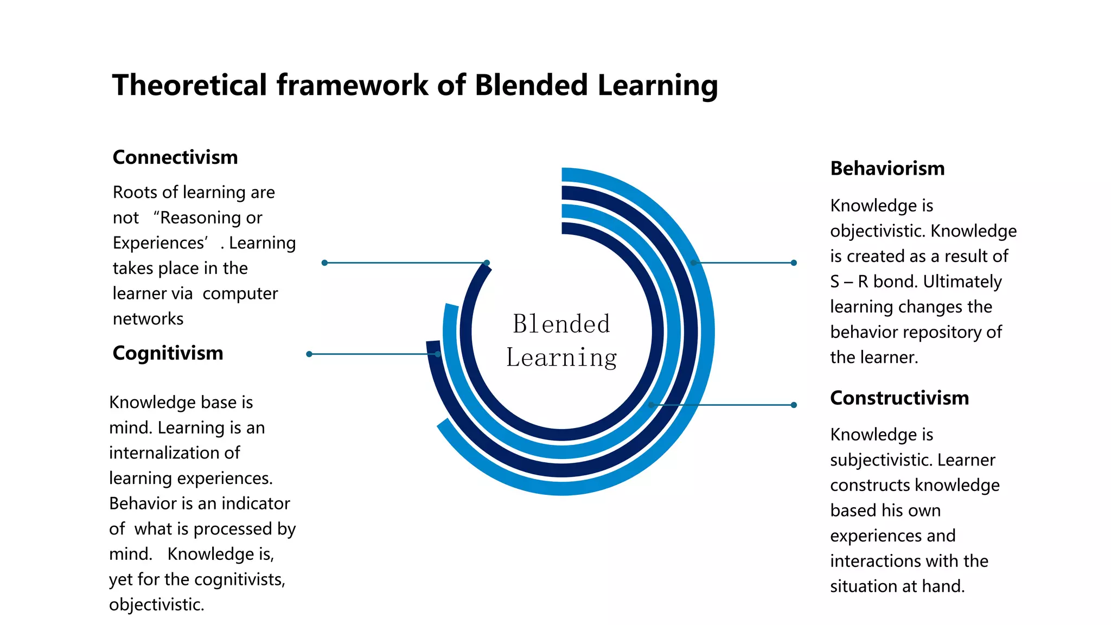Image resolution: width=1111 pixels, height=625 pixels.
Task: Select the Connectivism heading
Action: tap(175, 157)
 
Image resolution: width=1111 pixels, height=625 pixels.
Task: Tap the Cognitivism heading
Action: tap(168, 353)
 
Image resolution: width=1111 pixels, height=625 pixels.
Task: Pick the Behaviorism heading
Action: tap(887, 169)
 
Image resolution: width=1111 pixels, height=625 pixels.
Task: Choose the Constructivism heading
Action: tap(899, 398)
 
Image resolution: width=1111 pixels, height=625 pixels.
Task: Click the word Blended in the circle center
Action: tap(561, 324)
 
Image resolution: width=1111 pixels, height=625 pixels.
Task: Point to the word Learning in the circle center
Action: tap(561, 358)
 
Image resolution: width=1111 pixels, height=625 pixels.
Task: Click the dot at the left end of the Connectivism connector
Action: tap(324, 263)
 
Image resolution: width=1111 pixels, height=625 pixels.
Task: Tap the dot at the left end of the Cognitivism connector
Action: tap(309, 354)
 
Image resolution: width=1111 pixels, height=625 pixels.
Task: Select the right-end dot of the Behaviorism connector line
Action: tap(794, 263)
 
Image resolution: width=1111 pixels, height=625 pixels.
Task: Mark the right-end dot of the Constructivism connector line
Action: tap(794, 405)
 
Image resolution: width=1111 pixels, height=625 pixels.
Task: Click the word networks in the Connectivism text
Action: tap(148, 319)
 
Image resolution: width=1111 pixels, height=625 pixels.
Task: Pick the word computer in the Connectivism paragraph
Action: tap(240, 294)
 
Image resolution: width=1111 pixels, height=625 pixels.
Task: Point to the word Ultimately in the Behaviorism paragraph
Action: tap(962, 282)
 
